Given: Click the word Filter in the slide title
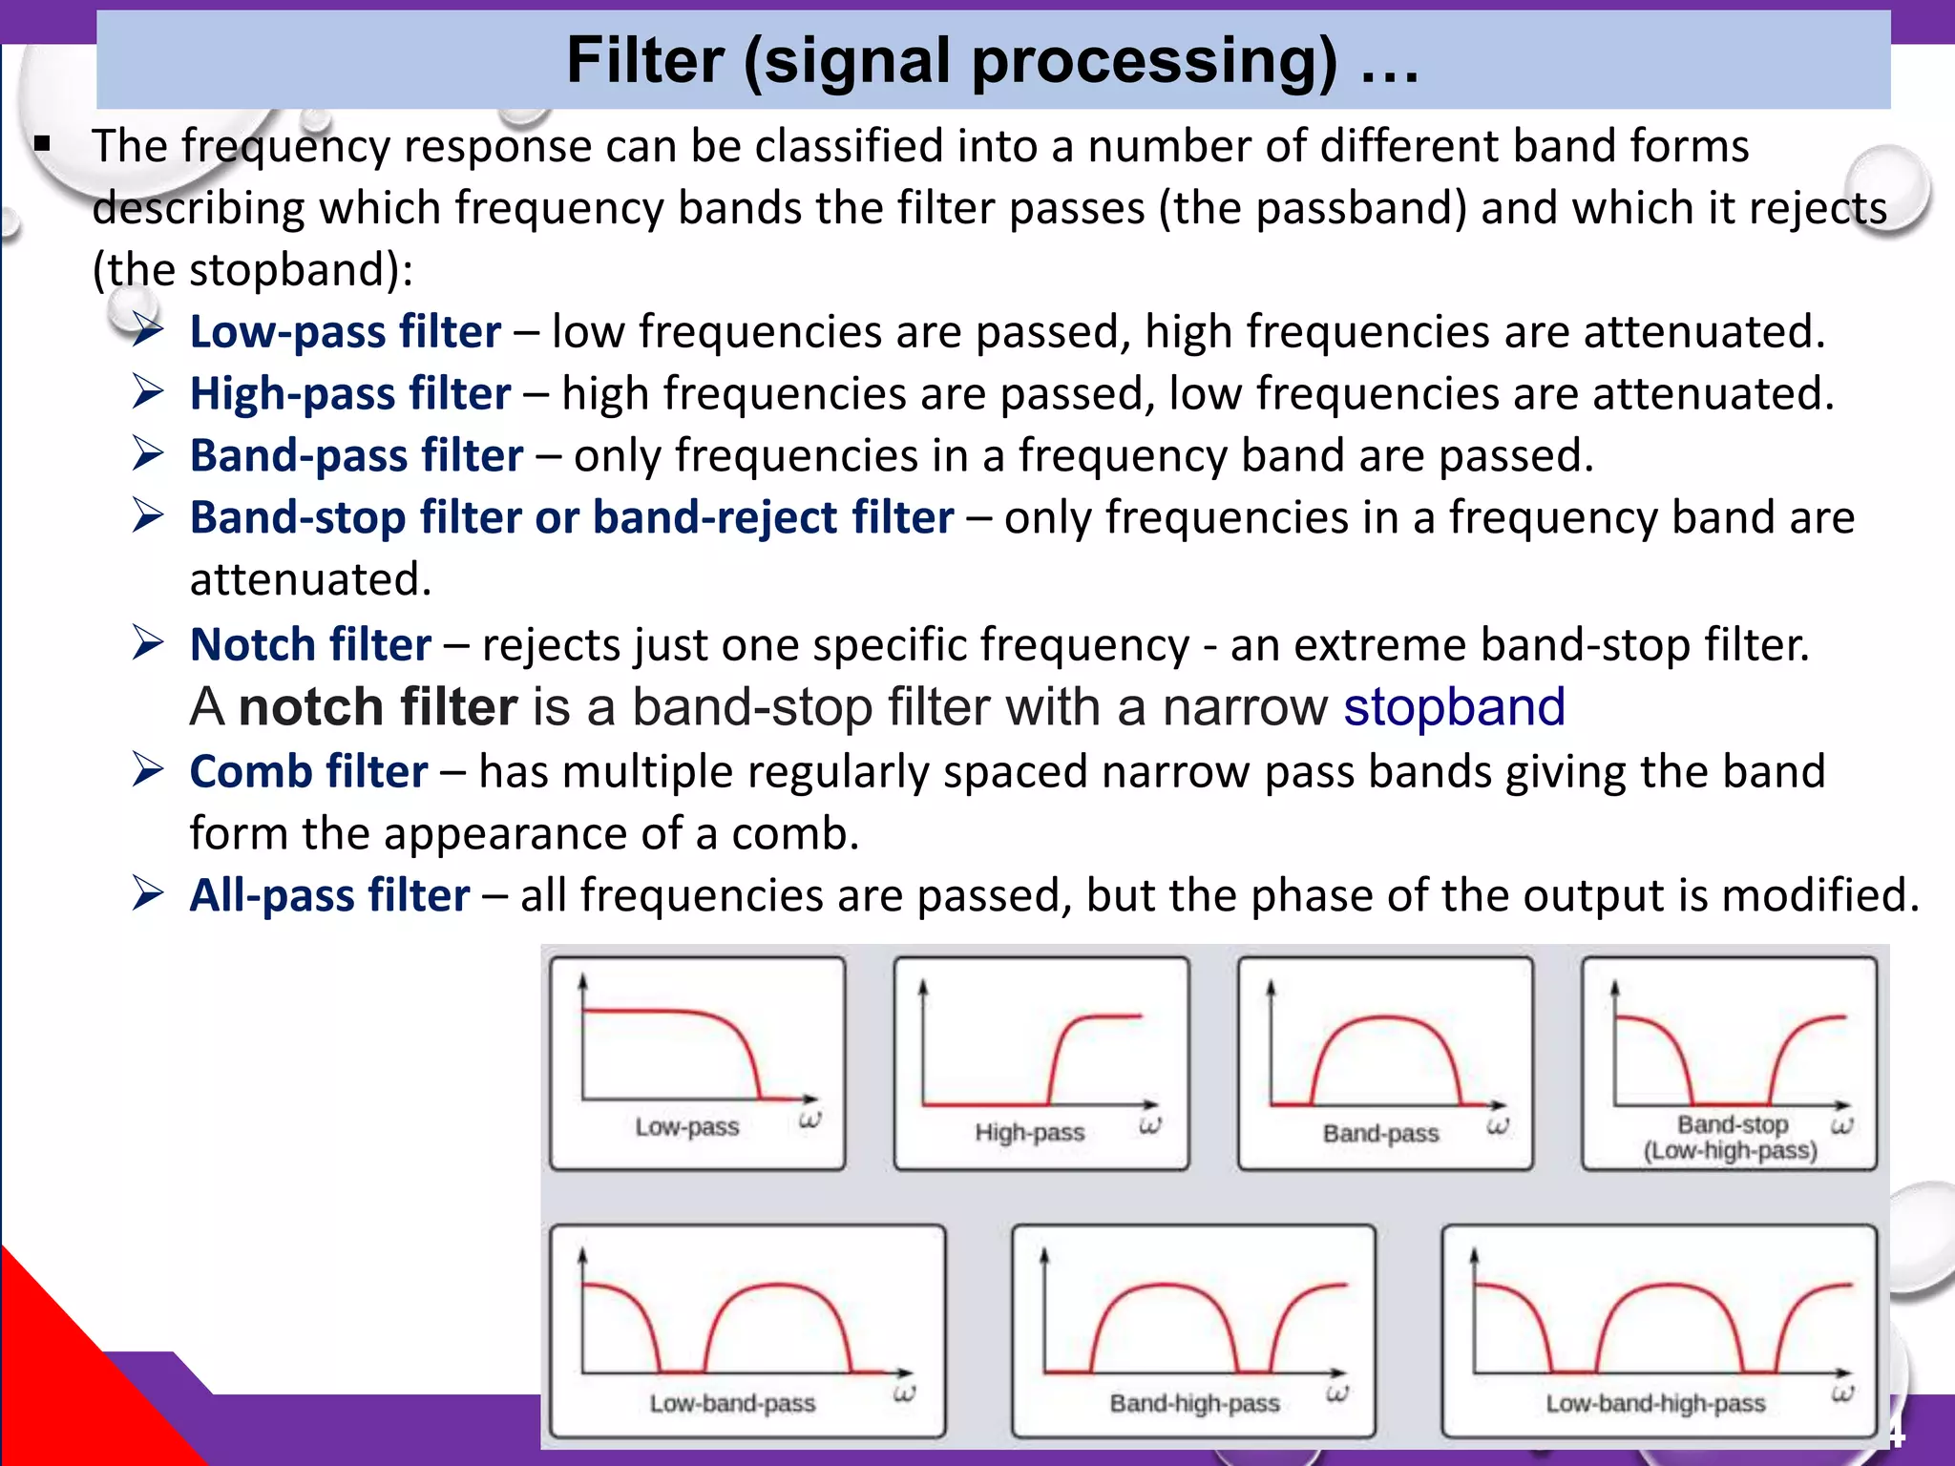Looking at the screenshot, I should (x=645, y=61).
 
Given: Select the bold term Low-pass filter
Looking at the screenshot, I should (x=345, y=332).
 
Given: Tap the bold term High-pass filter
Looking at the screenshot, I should (x=349, y=394).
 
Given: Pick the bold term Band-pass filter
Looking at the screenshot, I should (x=356, y=456).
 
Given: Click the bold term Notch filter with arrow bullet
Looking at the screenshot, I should (x=310, y=645).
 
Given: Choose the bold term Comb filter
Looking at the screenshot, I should (x=308, y=772).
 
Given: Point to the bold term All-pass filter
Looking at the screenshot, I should (x=329, y=896).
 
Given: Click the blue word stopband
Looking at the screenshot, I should (x=1454, y=707).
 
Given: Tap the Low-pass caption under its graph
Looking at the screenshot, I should (x=687, y=1127).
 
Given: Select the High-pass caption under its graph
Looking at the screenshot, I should (x=1030, y=1133).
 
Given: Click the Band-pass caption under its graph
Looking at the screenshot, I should (x=1380, y=1134).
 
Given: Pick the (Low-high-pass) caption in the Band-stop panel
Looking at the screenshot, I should (x=1730, y=1151).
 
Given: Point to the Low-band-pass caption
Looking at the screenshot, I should (x=732, y=1404).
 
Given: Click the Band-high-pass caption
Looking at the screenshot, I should (x=1194, y=1404).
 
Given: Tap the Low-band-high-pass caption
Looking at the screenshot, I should (x=1655, y=1404).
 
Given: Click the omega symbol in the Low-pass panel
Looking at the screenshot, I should (x=809, y=1120).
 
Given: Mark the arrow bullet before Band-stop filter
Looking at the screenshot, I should (x=148, y=516).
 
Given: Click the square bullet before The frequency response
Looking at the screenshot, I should (x=41, y=145).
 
